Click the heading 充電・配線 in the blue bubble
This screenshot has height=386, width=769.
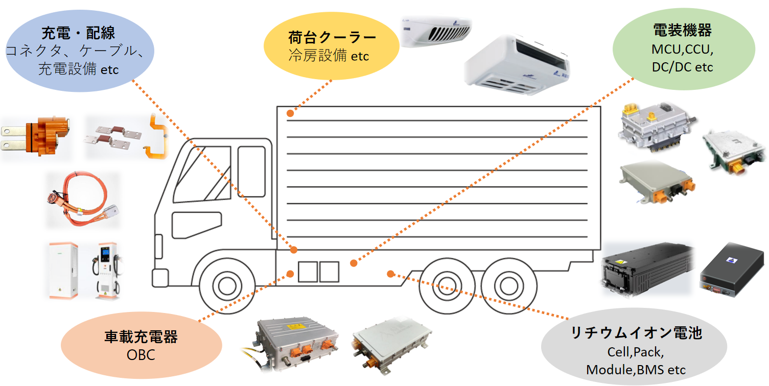pyautogui.click(x=78, y=34)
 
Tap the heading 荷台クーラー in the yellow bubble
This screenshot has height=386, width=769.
pyautogui.click(x=332, y=37)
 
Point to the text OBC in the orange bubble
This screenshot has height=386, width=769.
pyautogui.click(x=141, y=355)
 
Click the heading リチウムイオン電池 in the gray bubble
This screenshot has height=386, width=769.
pyautogui.click(x=636, y=333)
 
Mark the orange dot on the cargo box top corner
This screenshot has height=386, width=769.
pyautogui.click(x=290, y=113)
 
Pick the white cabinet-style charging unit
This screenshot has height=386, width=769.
pyautogui.click(x=63, y=270)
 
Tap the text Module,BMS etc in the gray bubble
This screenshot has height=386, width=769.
pyautogui.click(x=636, y=369)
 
